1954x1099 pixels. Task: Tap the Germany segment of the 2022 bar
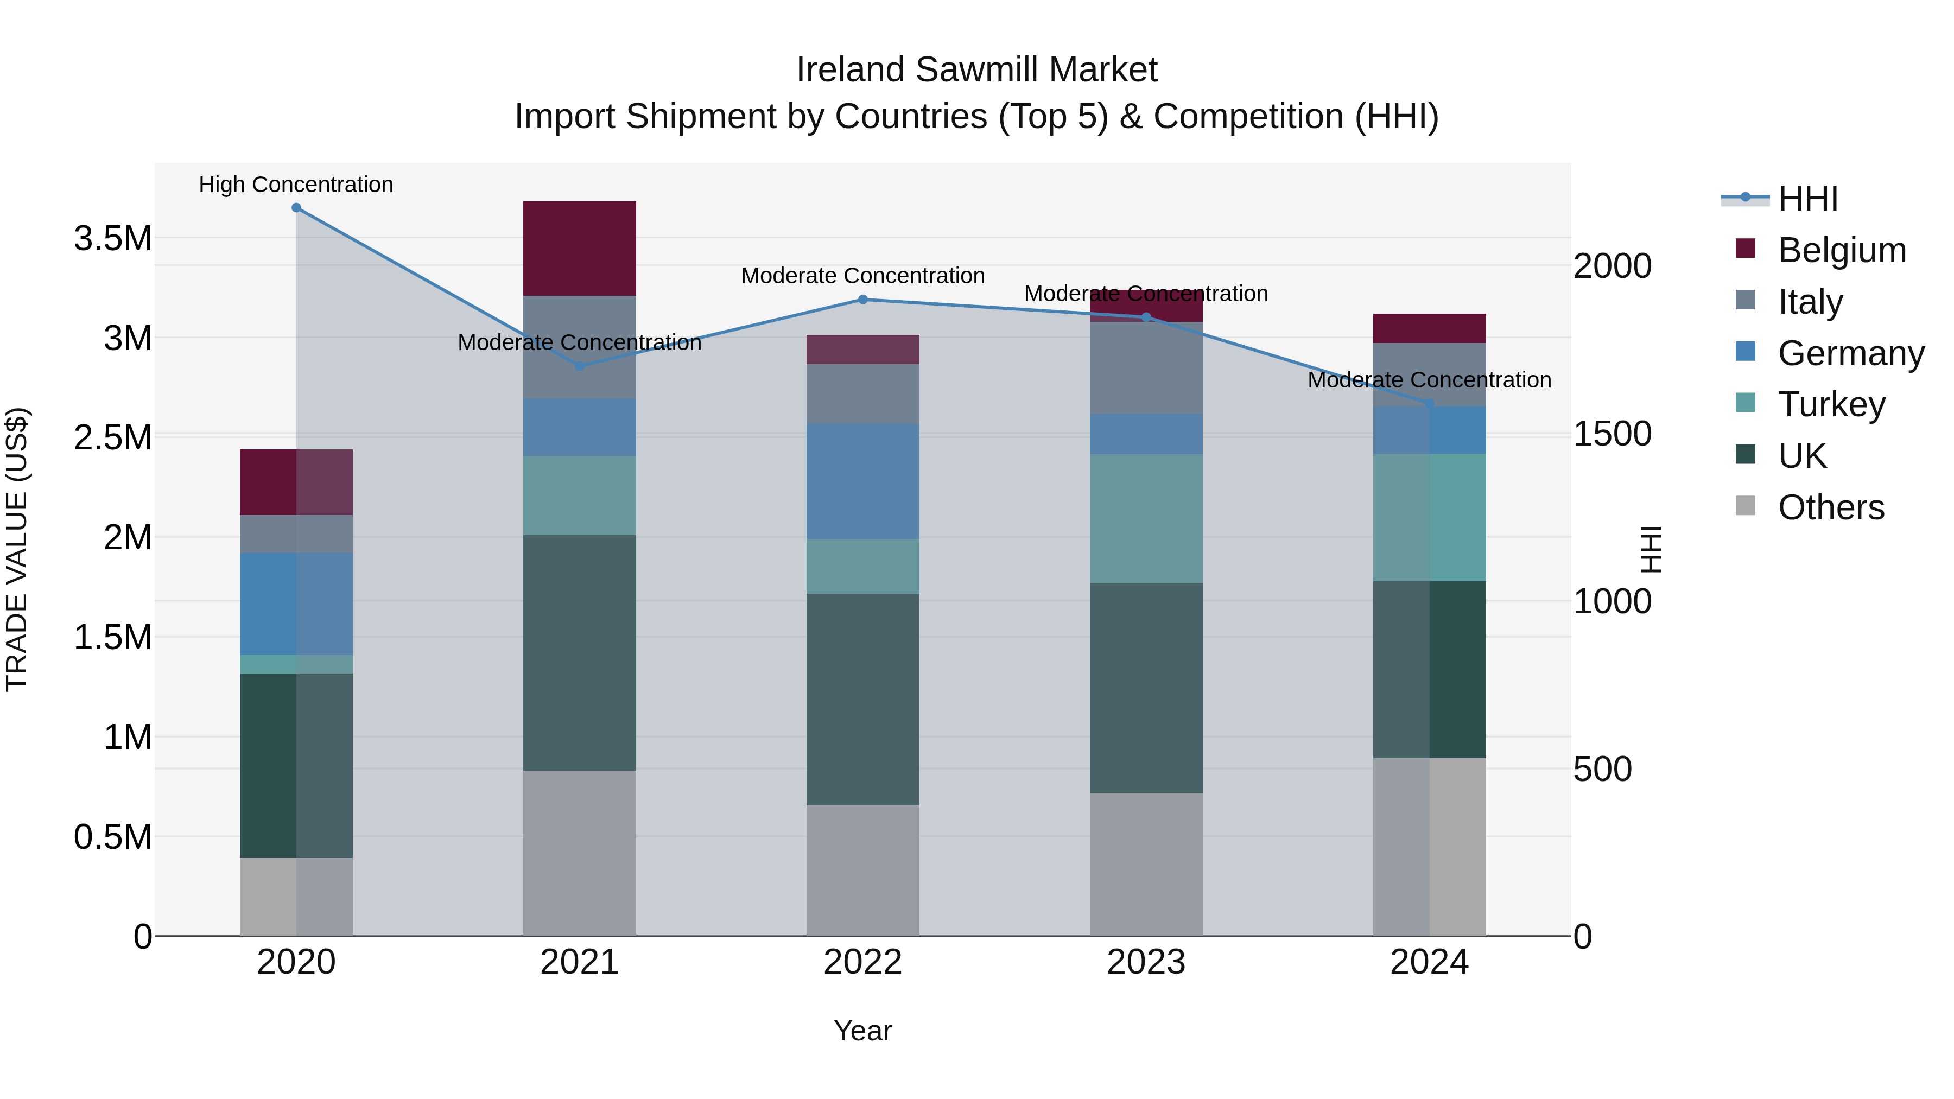point(862,481)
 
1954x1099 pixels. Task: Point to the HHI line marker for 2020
point(296,208)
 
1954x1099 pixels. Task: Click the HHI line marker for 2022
point(862,300)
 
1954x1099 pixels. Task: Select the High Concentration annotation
point(296,185)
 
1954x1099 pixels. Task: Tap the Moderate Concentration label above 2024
point(1429,379)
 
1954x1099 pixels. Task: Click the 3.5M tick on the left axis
point(112,238)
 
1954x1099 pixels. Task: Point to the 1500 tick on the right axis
point(1612,434)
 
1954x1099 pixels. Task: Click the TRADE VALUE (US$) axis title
point(17,549)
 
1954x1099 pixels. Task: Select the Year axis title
point(862,1031)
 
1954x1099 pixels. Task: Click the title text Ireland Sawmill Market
point(976,70)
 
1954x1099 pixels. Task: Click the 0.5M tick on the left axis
point(112,836)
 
